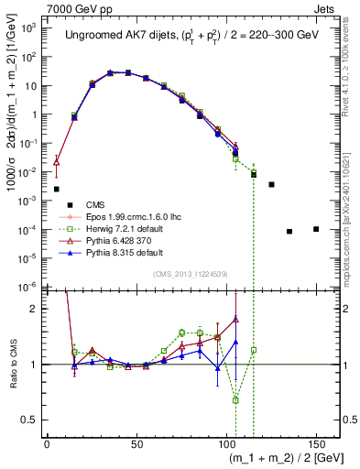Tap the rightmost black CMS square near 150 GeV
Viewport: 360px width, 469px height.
[316, 229]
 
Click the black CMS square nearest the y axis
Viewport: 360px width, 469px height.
[57, 189]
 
